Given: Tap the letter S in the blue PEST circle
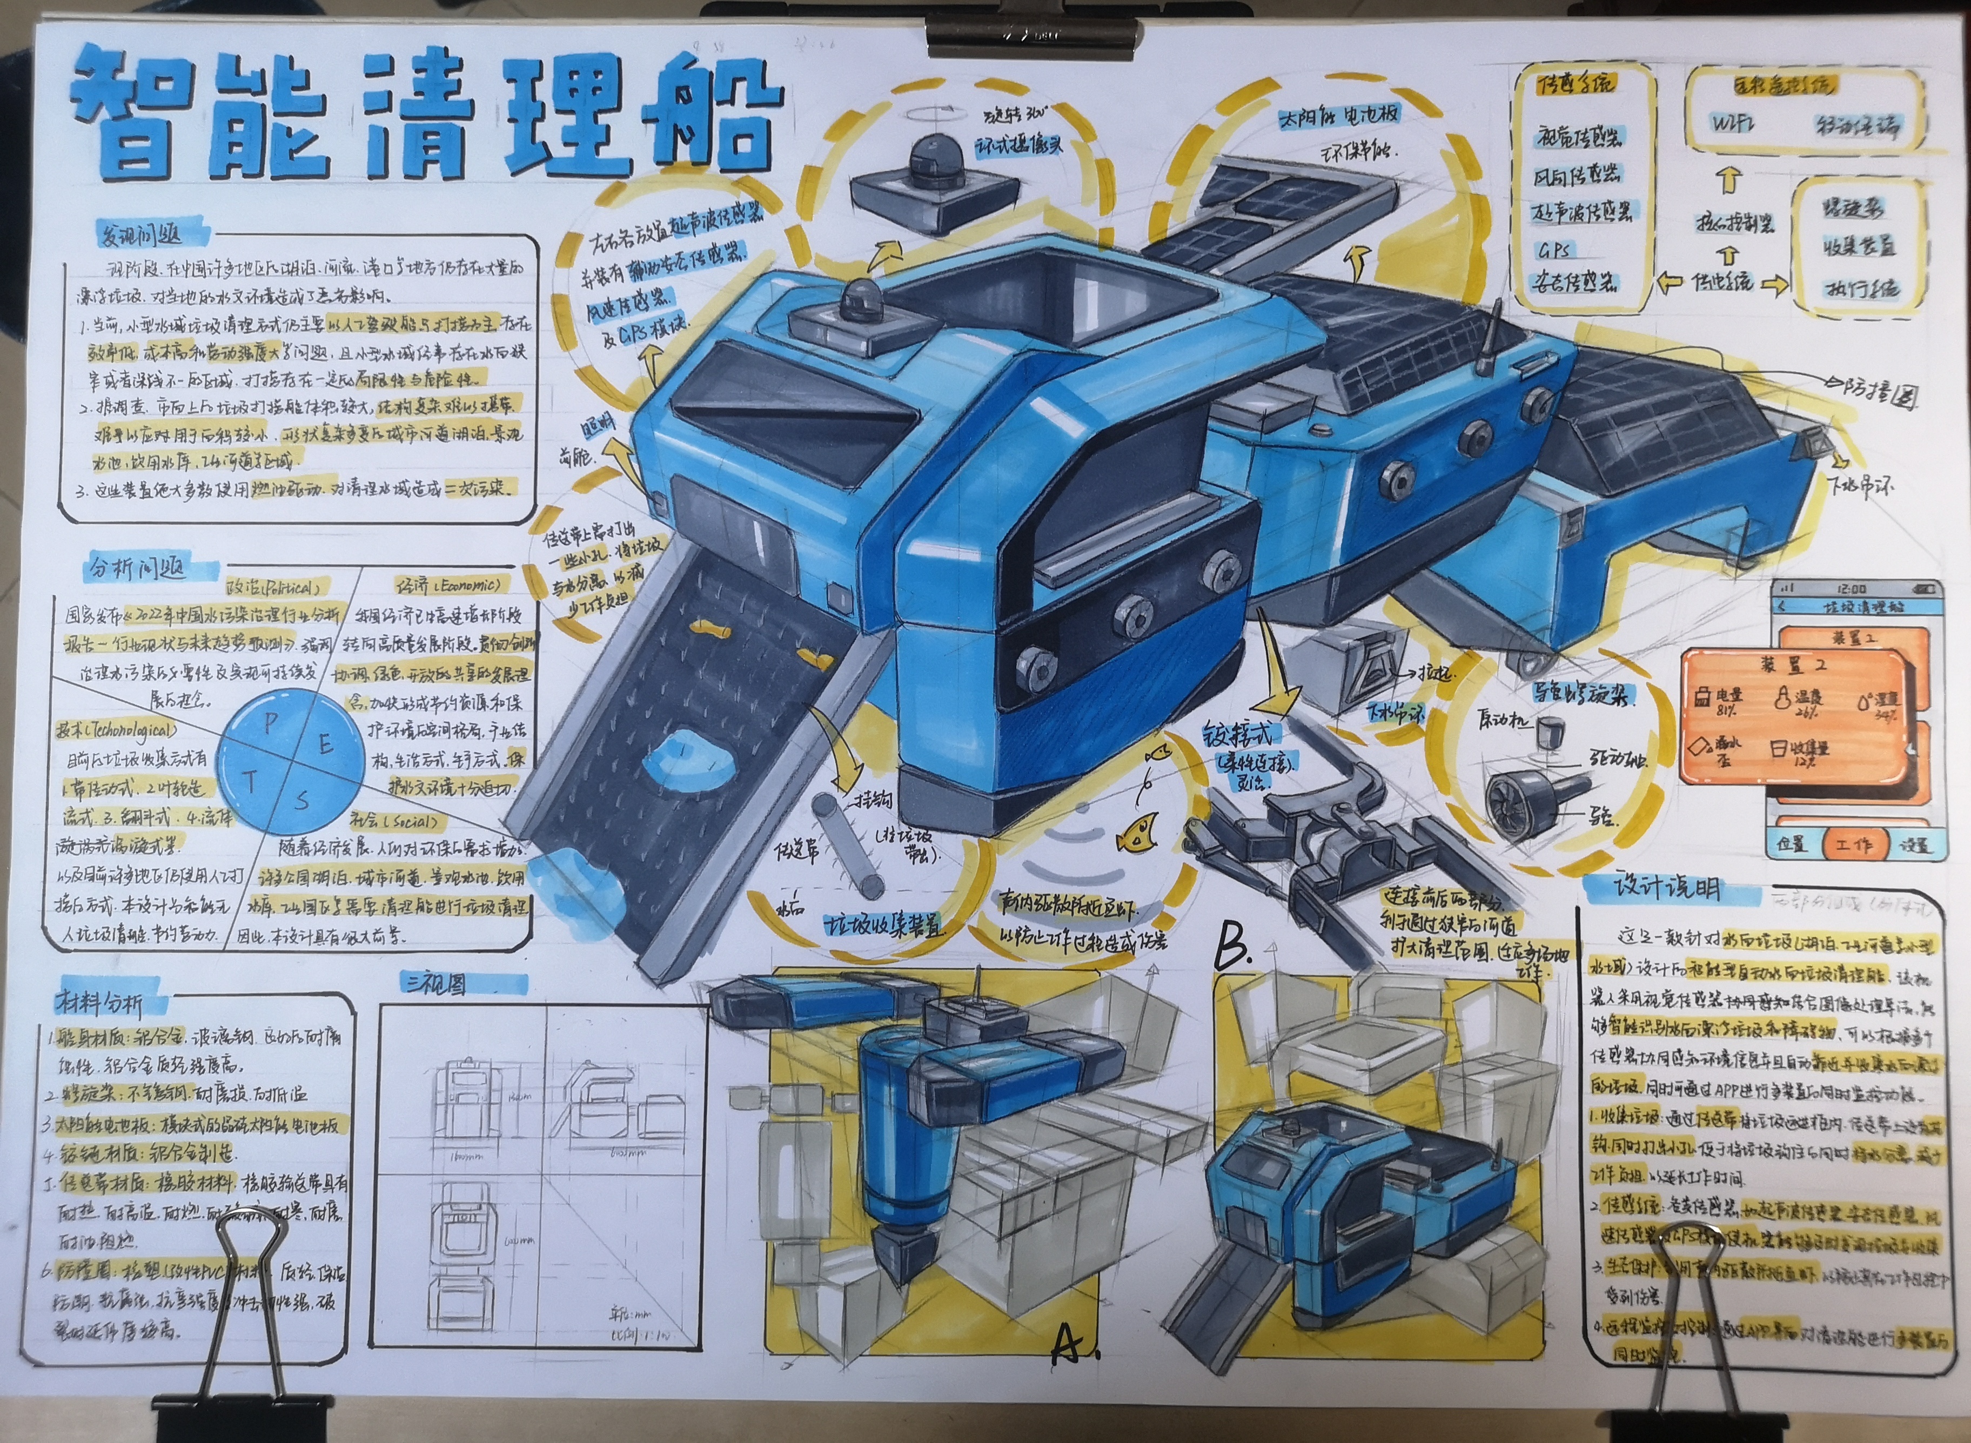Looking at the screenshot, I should [x=302, y=798].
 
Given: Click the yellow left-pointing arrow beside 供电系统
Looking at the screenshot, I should [x=1671, y=282].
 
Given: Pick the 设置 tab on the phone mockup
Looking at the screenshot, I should [x=1912, y=844].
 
